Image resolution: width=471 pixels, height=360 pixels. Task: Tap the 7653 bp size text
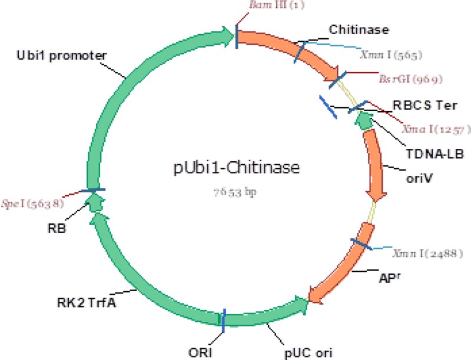click(235, 192)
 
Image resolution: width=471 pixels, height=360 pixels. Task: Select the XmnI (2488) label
click(428, 254)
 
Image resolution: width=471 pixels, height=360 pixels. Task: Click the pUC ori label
click(306, 352)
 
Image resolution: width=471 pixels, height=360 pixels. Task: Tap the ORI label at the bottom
click(211, 352)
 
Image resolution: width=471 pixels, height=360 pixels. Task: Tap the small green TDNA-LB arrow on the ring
click(364, 120)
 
